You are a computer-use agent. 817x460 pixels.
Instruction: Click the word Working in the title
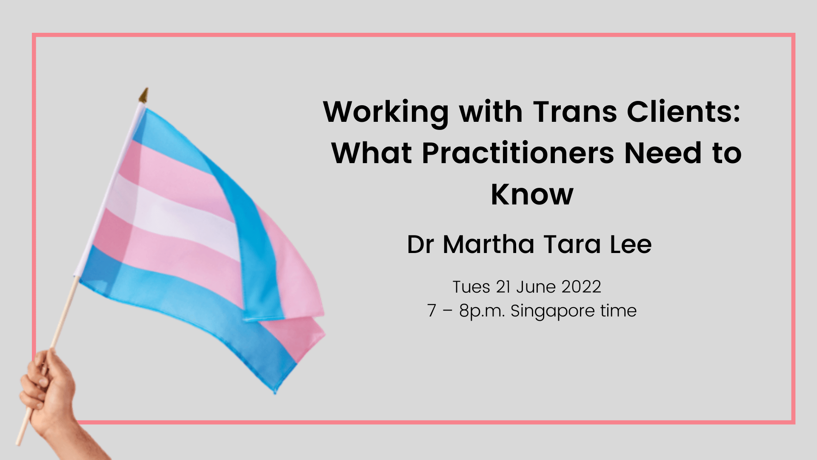[x=386, y=113]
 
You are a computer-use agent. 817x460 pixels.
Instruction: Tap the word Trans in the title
[x=575, y=112]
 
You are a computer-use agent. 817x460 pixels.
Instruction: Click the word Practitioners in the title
[x=518, y=153]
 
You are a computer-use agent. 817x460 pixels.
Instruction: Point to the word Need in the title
[x=663, y=152]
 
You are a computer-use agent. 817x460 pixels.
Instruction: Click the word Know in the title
[x=532, y=195]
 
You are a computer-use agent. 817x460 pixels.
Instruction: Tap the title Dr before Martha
[x=420, y=244]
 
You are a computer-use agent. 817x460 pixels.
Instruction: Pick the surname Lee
[x=631, y=244]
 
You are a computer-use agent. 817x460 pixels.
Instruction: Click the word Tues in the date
[x=471, y=287]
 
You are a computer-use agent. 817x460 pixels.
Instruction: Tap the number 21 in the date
[x=503, y=287]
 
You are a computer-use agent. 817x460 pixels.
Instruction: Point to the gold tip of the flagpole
[x=144, y=95]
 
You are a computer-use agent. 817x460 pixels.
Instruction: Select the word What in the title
[x=371, y=153]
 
